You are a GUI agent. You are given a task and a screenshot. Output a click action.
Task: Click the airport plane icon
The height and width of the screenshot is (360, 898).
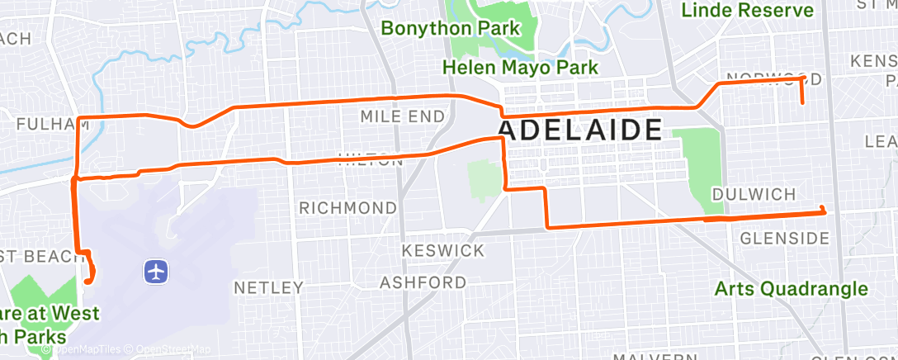155,270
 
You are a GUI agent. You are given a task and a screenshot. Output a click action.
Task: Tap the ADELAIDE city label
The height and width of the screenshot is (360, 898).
580,130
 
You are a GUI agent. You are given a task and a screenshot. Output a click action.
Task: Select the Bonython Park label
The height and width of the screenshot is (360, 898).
451,28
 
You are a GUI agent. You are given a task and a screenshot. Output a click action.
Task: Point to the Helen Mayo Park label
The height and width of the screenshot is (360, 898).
520,67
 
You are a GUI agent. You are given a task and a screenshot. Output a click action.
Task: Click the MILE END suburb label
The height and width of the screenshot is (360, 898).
402,116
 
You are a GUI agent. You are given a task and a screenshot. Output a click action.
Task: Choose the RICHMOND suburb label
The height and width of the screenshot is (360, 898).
347,206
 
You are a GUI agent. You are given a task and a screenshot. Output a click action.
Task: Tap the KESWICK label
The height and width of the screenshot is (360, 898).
442,249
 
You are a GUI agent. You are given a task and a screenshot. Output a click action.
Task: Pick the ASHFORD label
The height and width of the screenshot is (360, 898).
423,283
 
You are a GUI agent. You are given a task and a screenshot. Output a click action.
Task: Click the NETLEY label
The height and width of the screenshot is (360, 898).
269,288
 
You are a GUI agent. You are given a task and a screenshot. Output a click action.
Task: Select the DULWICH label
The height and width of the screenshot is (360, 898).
754,194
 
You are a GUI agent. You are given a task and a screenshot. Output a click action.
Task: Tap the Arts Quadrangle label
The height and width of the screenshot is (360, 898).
791,289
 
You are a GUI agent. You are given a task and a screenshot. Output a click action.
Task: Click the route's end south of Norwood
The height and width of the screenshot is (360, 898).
802,102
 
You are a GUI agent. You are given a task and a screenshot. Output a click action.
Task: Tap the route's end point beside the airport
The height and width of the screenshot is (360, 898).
87,282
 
